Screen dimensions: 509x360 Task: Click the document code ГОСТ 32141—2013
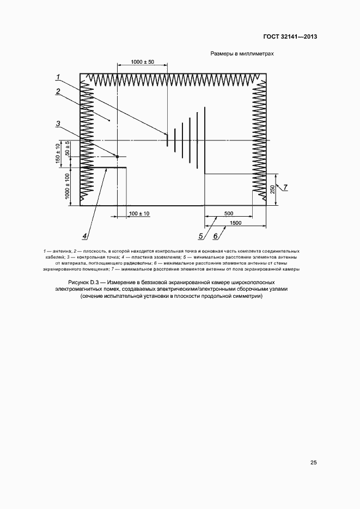coord(290,37)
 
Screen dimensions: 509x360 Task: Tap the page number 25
coord(313,463)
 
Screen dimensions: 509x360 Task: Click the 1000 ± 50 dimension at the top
coord(143,63)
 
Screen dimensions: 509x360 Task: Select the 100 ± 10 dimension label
coord(139,213)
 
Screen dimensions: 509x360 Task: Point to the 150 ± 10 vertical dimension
coord(59,154)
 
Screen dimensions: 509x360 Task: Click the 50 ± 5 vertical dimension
coord(67,149)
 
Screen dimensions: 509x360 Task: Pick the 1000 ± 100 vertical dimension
coord(67,186)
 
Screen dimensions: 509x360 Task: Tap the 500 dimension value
coord(229,213)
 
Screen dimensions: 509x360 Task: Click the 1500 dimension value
coord(236,223)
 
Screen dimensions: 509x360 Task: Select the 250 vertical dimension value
coord(272,190)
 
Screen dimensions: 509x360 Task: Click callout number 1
coord(58,77)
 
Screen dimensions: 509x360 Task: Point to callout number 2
coord(57,91)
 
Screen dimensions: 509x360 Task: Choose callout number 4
coord(85,236)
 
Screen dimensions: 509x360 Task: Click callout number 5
coord(200,236)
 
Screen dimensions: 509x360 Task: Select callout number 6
coord(216,236)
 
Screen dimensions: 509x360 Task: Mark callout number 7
coord(285,187)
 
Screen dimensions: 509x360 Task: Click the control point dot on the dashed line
coord(117,156)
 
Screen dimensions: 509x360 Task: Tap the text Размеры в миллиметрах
coord(241,54)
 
